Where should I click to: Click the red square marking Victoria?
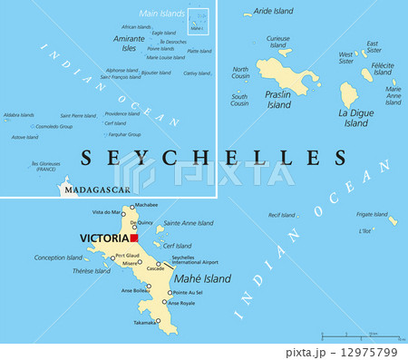(x=133, y=238)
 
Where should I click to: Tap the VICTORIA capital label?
(x=103, y=238)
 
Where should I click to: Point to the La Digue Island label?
(x=355, y=118)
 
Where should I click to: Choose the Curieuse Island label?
(x=277, y=41)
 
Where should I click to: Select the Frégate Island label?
(x=372, y=215)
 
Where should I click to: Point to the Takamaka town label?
(x=144, y=322)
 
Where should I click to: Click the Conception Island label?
(x=58, y=257)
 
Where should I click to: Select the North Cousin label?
(x=240, y=73)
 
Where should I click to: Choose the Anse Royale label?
(x=181, y=304)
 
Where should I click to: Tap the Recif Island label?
(x=282, y=216)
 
